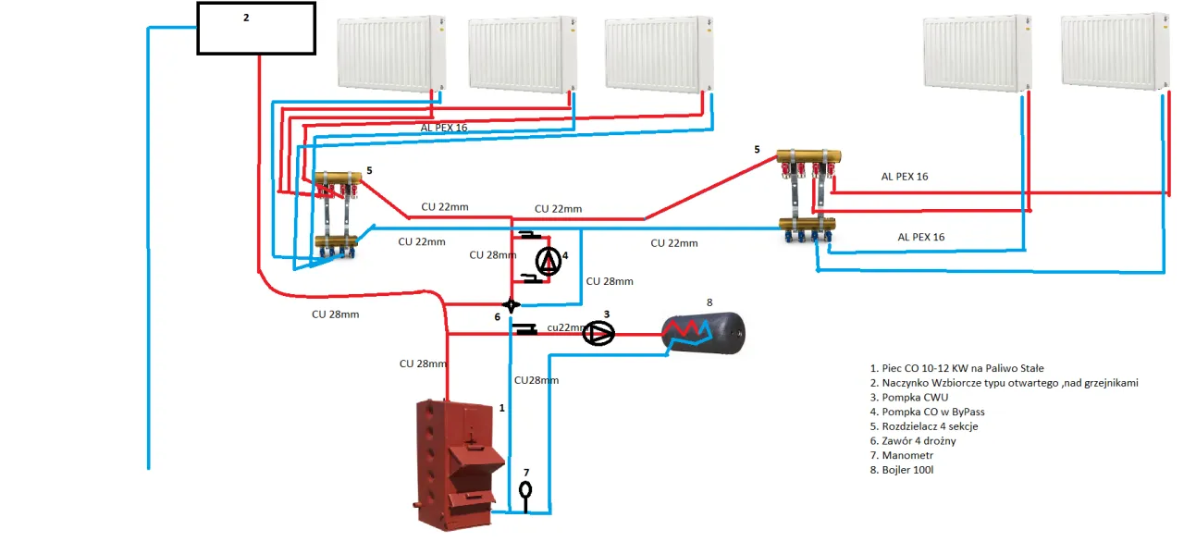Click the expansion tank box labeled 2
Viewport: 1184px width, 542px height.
pos(256,28)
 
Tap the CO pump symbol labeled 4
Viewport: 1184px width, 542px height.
pos(549,263)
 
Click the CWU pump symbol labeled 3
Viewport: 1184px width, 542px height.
pos(599,333)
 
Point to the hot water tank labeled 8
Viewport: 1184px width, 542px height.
pos(703,333)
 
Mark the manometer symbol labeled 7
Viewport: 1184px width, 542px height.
pos(525,487)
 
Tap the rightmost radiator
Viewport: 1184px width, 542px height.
pos(1110,53)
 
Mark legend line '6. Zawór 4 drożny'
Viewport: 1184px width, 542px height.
pos(919,441)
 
